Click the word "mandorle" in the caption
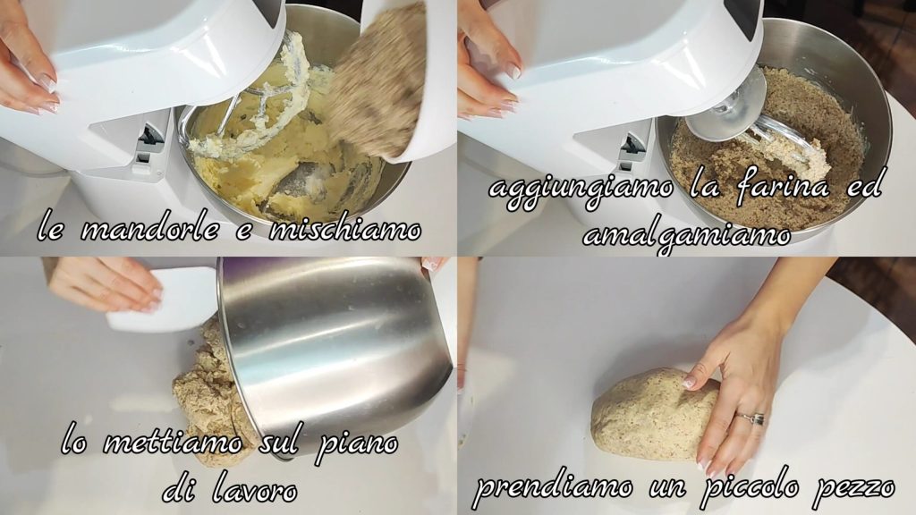[x=149, y=230]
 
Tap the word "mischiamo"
[x=344, y=230]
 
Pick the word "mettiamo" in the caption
[x=173, y=443]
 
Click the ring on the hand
[x=751, y=418]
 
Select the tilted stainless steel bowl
[x=333, y=350]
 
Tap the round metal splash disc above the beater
[x=725, y=106]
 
